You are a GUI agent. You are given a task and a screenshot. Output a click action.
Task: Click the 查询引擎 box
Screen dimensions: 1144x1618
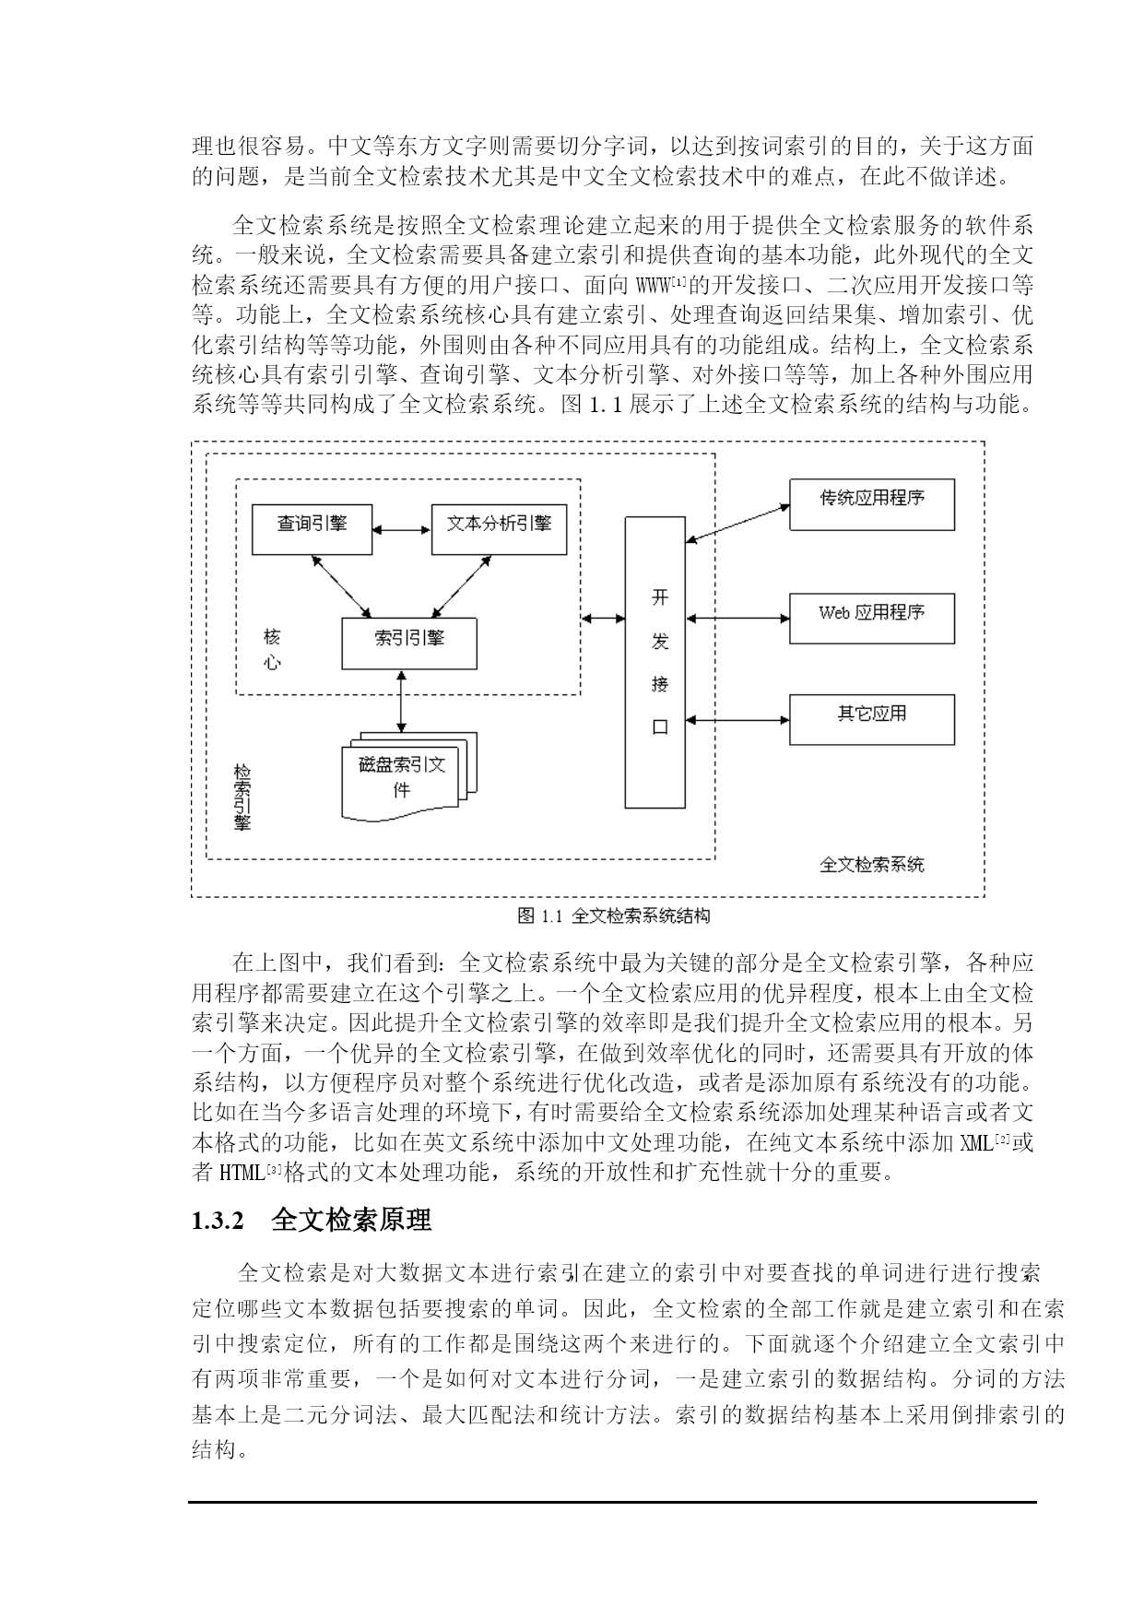coord(313,528)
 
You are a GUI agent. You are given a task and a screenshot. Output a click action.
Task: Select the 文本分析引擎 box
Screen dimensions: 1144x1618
coord(499,528)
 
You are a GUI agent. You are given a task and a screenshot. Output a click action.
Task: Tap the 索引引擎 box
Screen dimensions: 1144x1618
coord(409,644)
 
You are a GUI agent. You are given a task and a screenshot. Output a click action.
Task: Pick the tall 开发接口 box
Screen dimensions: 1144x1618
coord(655,662)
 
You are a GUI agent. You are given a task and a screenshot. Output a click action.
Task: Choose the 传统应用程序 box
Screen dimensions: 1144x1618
coord(872,504)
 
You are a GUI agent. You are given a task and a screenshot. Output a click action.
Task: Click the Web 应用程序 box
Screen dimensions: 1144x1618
coord(872,618)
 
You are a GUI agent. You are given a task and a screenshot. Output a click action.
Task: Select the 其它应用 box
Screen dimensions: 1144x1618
coord(872,719)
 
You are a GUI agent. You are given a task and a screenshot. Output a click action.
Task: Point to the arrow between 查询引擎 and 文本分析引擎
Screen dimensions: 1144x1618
coord(402,530)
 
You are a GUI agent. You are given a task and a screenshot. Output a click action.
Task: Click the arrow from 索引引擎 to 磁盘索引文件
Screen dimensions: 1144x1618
coord(401,702)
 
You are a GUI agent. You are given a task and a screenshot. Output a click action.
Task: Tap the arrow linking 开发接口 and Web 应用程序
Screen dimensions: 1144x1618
coord(737,618)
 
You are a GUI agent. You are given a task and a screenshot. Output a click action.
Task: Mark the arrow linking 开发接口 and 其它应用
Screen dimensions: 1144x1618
coord(737,719)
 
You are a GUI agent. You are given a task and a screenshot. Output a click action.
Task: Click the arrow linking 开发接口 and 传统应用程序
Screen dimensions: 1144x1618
coord(737,523)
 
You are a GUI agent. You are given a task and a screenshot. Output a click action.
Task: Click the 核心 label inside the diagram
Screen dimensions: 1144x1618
coord(272,649)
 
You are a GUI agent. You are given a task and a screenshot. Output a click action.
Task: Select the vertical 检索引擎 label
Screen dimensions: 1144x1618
coord(242,797)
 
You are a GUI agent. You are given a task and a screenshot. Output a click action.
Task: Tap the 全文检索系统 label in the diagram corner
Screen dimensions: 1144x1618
coord(871,865)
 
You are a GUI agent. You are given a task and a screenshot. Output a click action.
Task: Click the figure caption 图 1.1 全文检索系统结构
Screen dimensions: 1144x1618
coord(613,915)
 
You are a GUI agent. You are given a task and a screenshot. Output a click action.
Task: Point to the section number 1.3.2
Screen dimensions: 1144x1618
coord(218,1222)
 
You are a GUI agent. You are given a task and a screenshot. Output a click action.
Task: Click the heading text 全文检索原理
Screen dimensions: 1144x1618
coord(351,1221)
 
